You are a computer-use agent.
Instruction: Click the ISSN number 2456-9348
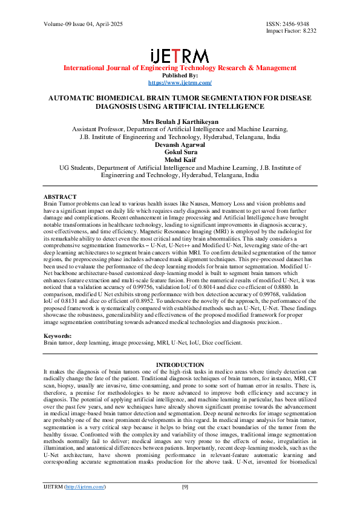tap(300, 24)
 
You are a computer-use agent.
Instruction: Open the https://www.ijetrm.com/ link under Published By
tap(180, 82)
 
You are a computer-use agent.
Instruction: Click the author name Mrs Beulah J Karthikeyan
tap(180, 122)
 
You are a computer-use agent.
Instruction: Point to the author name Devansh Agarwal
tap(180, 144)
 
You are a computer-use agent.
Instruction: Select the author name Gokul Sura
tap(180, 152)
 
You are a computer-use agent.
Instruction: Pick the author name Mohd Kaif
tap(180, 160)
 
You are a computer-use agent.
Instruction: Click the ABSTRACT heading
tap(61, 197)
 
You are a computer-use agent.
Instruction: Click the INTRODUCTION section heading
tap(180, 365)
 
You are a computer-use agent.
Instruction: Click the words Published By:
tap(180, 75)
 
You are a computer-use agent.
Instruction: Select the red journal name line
tap(180, 68)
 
